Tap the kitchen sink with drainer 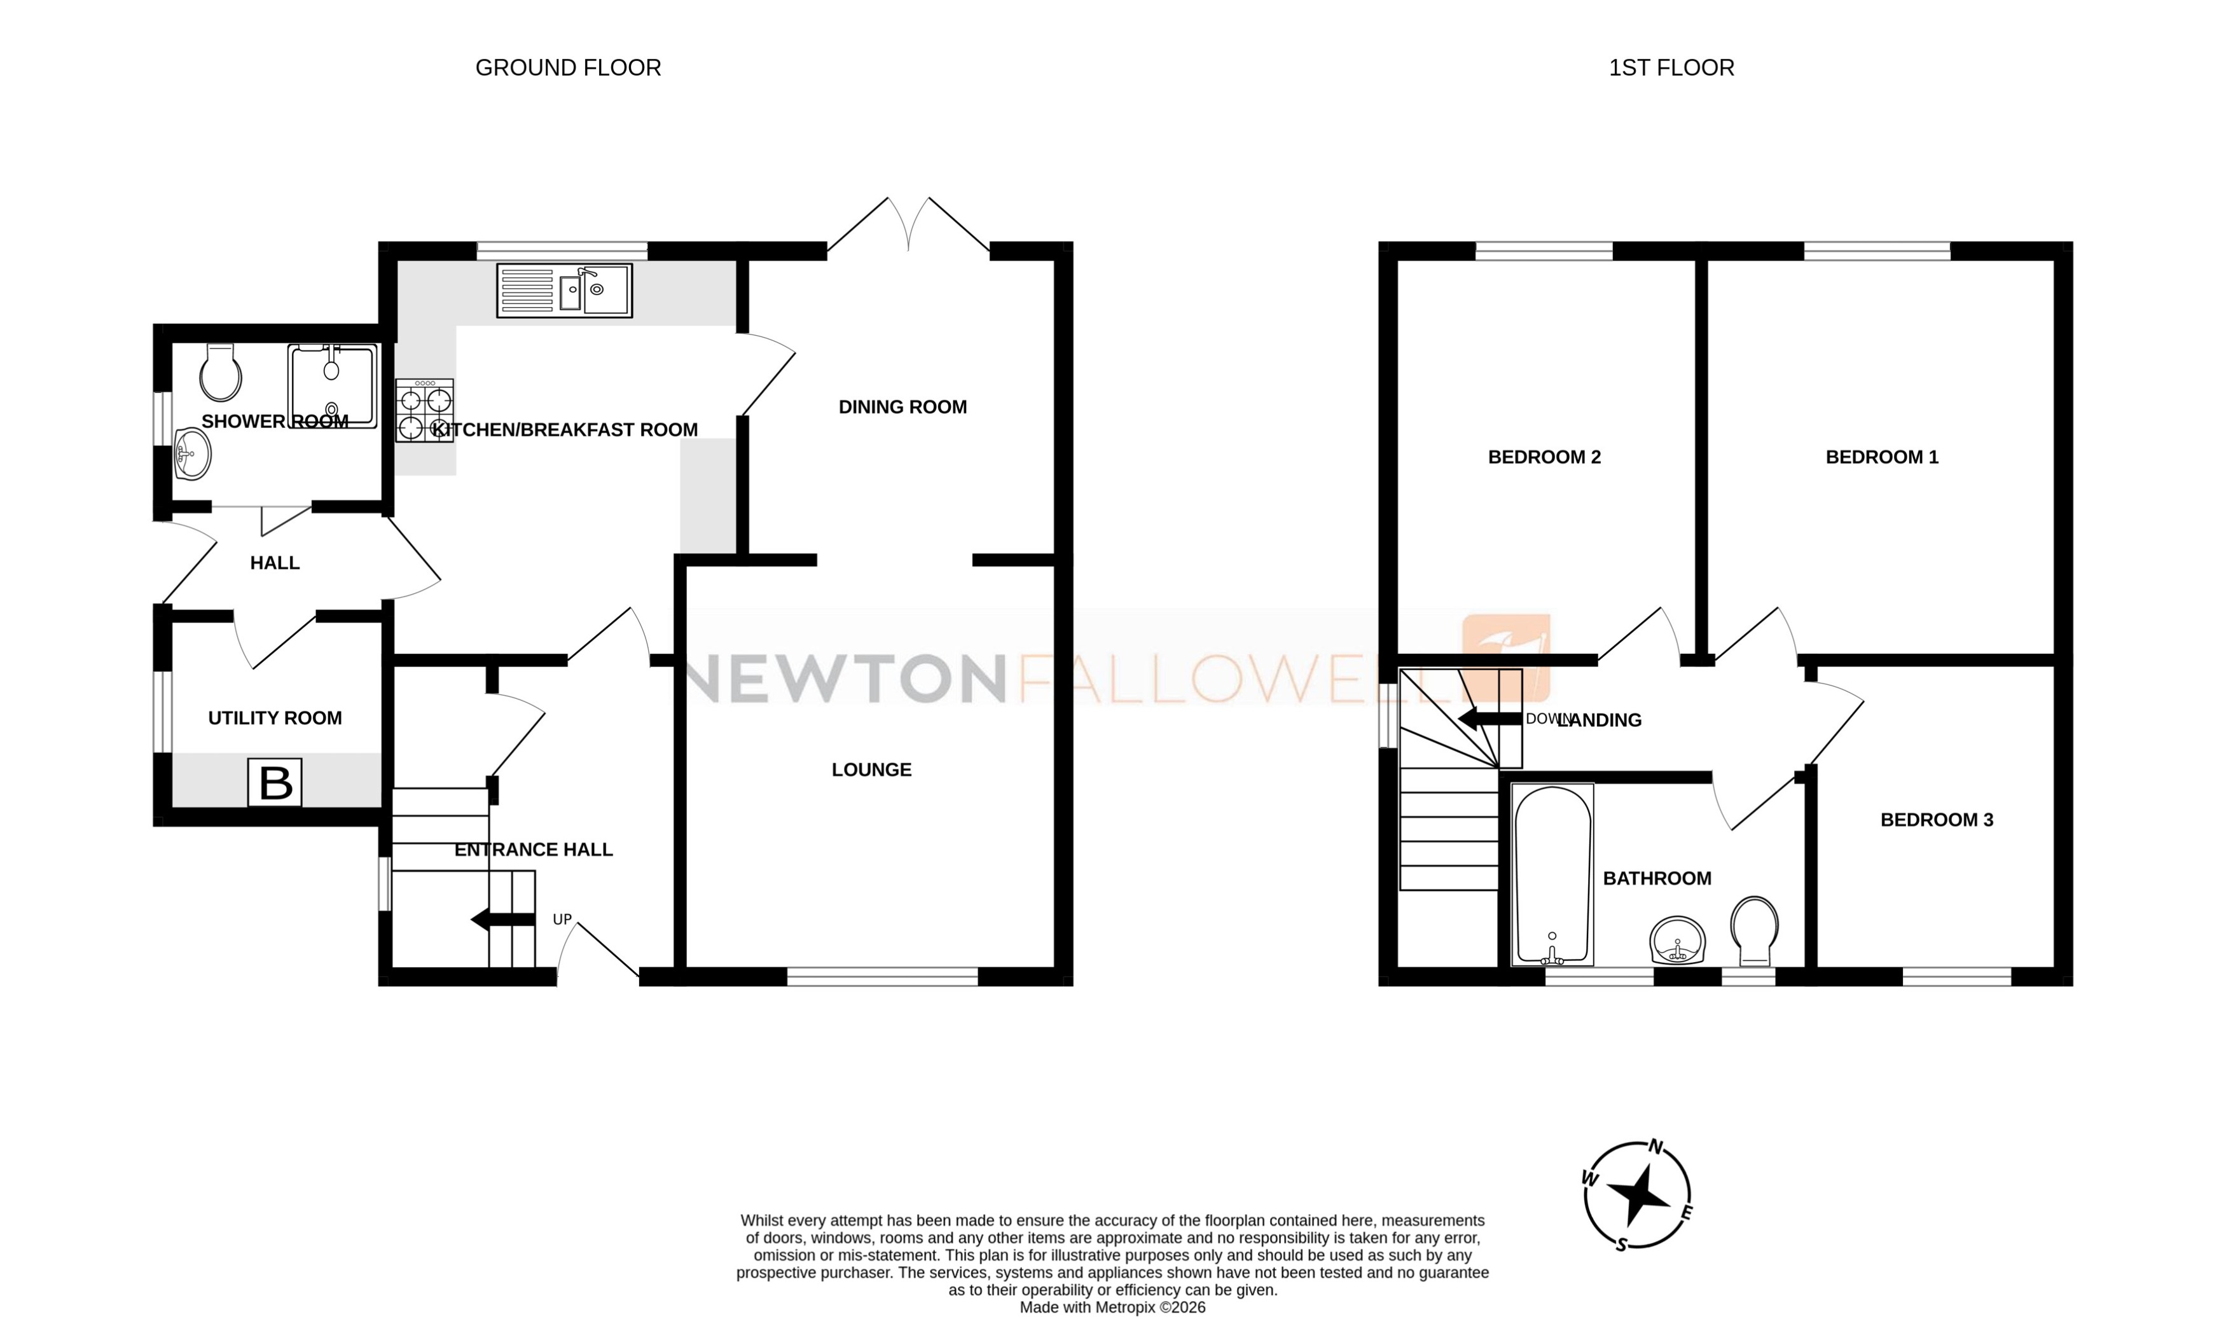[565, 290]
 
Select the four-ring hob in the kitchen [424, 411]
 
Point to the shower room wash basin [191, 453]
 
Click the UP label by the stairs [562, 920]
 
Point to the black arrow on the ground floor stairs [502, 920]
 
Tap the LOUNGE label [871, 770]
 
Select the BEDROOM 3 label [1936, 820]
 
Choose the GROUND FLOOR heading [568, 68]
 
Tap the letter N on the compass [1656, 1147]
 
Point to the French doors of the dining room [908, 226]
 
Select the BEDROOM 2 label [1544, 457]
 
